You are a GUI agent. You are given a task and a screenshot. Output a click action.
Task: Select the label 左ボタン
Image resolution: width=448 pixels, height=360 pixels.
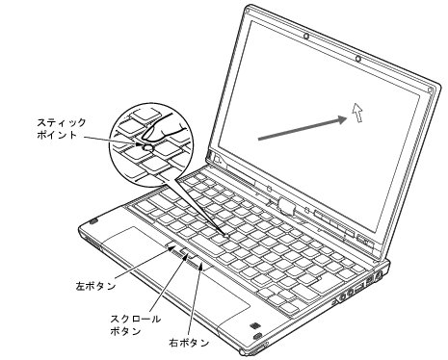click(95, 285)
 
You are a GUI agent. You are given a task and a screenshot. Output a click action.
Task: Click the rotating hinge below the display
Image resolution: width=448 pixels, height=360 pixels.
click(286, 205)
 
